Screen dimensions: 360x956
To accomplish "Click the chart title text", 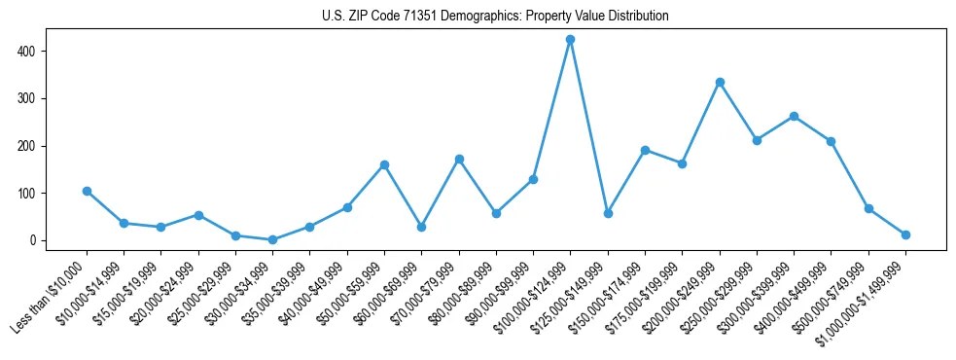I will [495, 17].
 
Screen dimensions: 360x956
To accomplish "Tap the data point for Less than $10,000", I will [87, 191].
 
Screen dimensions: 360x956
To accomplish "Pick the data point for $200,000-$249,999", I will [720, 82].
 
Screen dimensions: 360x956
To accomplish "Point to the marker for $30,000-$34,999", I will [273, 239].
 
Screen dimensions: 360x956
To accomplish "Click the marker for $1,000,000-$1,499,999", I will [905, 234].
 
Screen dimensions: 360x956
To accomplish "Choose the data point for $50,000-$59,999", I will [385, 164].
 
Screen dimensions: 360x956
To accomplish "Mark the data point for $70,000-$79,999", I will [459, 159].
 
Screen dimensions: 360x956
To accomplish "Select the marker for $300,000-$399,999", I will [795, 116].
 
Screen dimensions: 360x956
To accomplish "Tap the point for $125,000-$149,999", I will [608, 213].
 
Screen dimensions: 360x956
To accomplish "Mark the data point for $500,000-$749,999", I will [868, 208].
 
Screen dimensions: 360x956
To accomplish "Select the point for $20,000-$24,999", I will [198, 215].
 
